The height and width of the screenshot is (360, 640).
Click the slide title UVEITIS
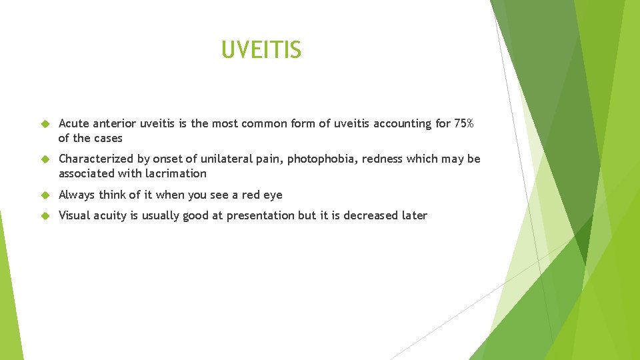click(261, 49)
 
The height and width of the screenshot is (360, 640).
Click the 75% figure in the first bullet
click(463, 123)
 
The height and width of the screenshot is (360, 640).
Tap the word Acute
click(74, 123)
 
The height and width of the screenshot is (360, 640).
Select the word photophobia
click(322, 159)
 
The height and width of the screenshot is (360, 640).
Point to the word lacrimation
click(176, 173)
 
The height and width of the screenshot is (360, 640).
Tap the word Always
click(77, 195)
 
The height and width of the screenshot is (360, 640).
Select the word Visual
click(75, 215)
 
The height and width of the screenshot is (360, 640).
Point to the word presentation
click(259, 215)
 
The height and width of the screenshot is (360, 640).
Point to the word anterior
click(115, 123)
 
